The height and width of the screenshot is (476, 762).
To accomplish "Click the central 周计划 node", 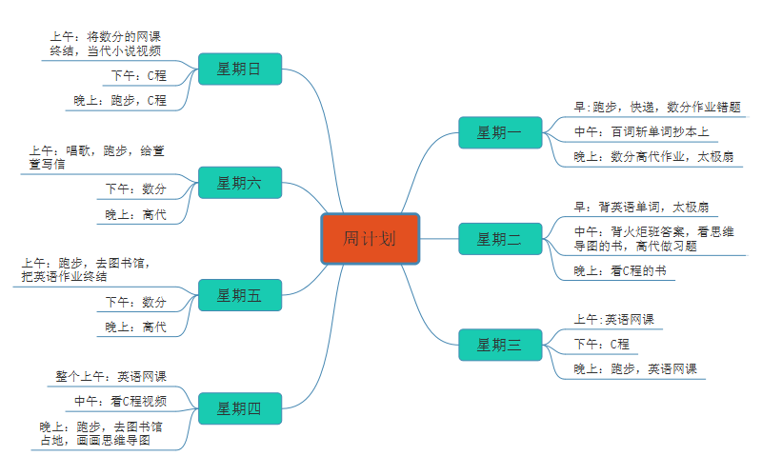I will pos(370,238).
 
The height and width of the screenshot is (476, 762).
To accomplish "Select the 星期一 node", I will pos(499,132).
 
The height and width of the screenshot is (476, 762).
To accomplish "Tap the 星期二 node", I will pos(499,239).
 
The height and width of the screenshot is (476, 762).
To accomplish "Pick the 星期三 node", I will pos(499,345).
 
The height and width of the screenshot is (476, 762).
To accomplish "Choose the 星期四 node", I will pos(239,408).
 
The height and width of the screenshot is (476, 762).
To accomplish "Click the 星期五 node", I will pos(239,295).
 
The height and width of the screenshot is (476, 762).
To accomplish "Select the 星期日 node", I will pos(239,69).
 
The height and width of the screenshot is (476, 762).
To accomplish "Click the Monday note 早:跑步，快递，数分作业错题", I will pos(657,108).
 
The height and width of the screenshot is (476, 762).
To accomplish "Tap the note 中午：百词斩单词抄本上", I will pos(641,131).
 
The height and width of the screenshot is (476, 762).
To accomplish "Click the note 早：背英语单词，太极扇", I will pos(640,207).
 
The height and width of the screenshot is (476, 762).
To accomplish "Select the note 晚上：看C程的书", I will pos(619,271).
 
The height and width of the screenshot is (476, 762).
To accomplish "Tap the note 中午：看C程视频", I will pos(125,401).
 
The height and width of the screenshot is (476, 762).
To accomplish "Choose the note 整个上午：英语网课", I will pos(110,376).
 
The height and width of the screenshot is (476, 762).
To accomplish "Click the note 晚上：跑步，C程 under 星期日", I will pos(120,100).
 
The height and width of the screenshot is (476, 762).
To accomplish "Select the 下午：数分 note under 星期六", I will pos(135,188).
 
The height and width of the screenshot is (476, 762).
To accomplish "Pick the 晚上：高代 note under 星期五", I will pos(135,327).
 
